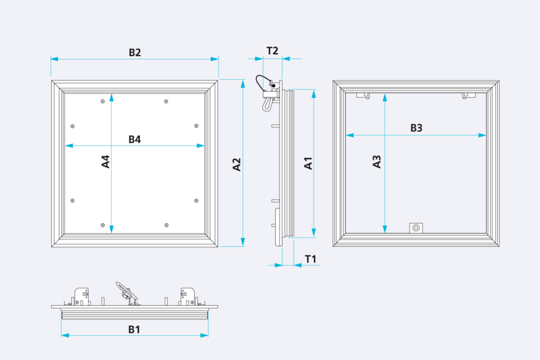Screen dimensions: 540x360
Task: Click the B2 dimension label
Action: click(x=134, y=52)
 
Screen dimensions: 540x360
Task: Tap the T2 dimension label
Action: click(x=272, y=51)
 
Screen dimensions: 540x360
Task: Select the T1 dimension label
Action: click(x=310, y=259)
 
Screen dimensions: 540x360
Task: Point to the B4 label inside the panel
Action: click(x=134, y=139)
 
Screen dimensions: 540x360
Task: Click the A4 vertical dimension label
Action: click(x=105, y=161)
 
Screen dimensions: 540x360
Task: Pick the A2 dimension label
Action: click(x=237, y=164)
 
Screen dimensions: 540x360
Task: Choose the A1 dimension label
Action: click(x=308, y=163)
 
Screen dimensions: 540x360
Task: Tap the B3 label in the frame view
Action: click(x=416, y=128)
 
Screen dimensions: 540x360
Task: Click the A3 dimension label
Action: click(x=377, y=161)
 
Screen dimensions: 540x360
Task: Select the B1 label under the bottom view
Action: click(x=134, y=329)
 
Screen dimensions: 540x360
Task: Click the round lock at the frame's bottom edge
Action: click(x=416, y=228)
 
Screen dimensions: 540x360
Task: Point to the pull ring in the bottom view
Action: click(x=126, y=291)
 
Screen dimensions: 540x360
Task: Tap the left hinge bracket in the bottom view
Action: click(x=82, y=297)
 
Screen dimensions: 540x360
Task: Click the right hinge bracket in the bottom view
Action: click(x=188, y=297)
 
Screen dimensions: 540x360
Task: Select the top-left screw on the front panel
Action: click(x=103, y=101)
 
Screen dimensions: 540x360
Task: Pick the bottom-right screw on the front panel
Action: click(x=166, y=225)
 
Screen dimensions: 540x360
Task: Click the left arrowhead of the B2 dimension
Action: click(x=54, y=59)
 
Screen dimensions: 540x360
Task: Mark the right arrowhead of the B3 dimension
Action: click(x=482, y=135)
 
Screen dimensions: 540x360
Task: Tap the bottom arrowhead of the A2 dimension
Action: click(x=243, y=241)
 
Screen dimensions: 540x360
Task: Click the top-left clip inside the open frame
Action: click(x=363, y=95)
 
